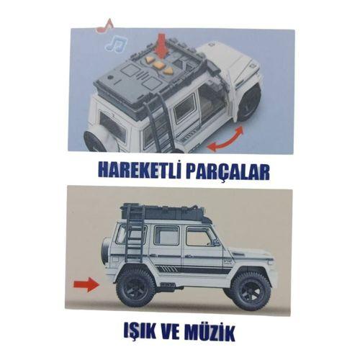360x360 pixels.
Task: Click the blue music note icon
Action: tap(113, 45)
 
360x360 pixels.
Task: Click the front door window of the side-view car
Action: tap(199, 237)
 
